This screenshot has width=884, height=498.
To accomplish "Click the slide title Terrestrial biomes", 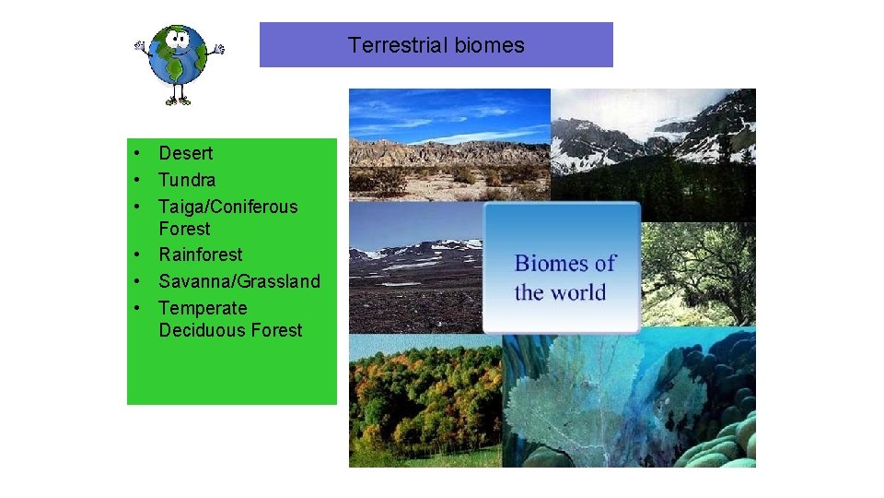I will pyautogui.click(x=436, y=45).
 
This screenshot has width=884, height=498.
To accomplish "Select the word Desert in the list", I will pyautogui.click(x=185, y=153).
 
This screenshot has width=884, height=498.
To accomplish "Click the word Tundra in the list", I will pyautogui.click(x=187, y=180).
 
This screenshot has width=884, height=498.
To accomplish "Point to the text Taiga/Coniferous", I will pyautogui.click(x=228, y=207).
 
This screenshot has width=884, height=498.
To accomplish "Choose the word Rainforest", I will pyautogui.click(x=201, y=255).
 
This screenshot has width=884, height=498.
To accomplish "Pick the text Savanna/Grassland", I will pyautogui.click(x=239, y=281).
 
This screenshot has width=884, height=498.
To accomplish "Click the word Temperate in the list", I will pyautogui.click(x=203, y=308).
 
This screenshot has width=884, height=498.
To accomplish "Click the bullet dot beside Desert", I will pyautogui.click(x=135, y=153).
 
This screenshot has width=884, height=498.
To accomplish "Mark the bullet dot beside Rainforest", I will pyautogui.click(x=135, y=255).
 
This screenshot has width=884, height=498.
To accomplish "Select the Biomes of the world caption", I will pyautogui.click(x=563, y=278).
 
